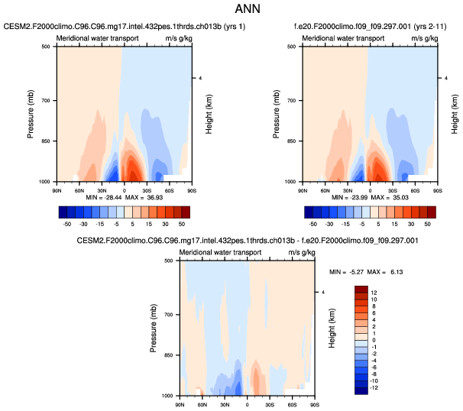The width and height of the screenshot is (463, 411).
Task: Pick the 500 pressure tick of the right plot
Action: (291, 46)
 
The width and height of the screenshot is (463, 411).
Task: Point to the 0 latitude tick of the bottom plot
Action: (246, 402)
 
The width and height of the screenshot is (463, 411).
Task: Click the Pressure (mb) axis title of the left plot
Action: (31, 113)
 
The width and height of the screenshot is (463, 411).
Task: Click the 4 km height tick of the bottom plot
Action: (323, 292)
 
